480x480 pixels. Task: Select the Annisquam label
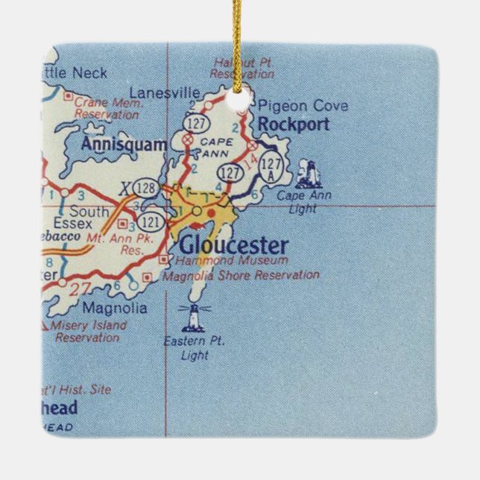pyautogui.click(x=124, y=145)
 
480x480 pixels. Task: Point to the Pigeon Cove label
pyautogui.click(x=303, y=106)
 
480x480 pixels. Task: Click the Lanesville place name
pyautogui.click(x=165, y=92)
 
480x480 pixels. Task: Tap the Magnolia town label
pyautogui.click(x=114, y=308)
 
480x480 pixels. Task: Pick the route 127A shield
pyautogui.click(x=272, y=169)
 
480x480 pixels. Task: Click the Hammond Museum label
pyautogui.click(x=231, y=261)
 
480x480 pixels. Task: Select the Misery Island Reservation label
pyautogui.click(x=88, y=332)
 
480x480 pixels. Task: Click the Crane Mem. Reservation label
pyautogui.click(x=106, y=110)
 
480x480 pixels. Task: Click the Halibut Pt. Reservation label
pyautogui.click(x=242, y=68)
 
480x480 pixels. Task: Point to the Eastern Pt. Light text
pyautogui.click(x=195, y=349)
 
